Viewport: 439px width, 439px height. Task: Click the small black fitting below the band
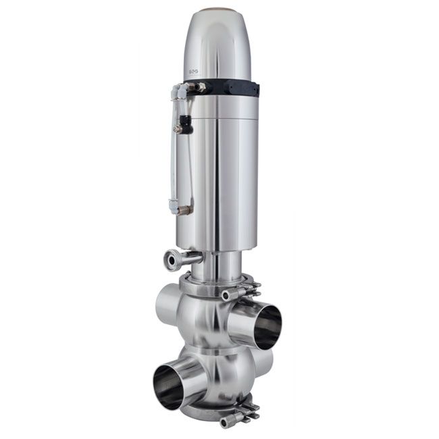click(x=182, y=128)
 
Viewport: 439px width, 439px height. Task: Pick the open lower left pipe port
click(x=168, y=386)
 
